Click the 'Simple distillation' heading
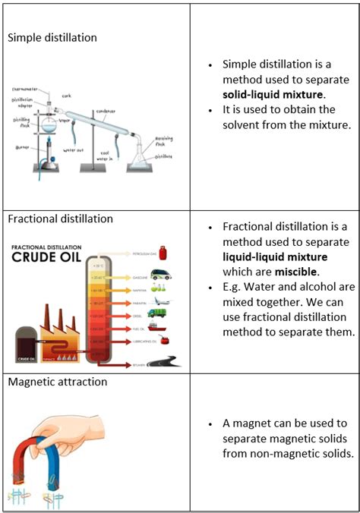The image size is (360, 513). [x=52, y=37]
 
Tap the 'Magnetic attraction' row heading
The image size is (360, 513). [x=58, y=382]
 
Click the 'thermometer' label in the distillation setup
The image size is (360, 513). [x=26, y=89]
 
